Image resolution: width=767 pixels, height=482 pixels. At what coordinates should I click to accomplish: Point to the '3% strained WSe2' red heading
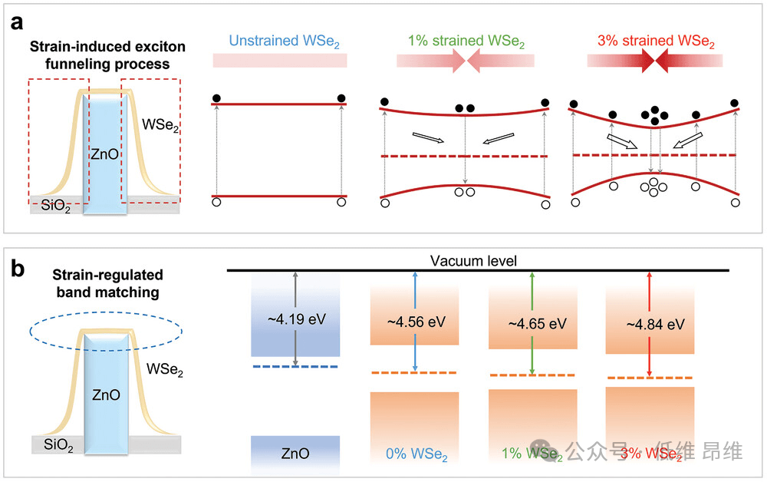pyautogui.click(x=656, y=39)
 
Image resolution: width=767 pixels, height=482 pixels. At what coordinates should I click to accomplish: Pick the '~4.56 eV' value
pyautogui.click(x=415, y=322)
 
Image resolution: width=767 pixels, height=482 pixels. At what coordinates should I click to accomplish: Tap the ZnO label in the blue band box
pyautogui.click(x=295, y=454)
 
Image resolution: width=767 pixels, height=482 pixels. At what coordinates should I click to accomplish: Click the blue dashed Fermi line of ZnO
pyautogui.click(x=295, y=366)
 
